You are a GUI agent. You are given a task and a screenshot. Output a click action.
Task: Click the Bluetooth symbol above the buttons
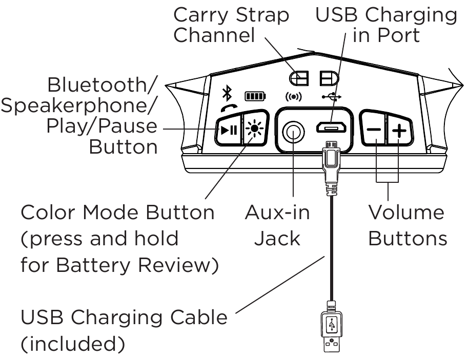coord(226,94)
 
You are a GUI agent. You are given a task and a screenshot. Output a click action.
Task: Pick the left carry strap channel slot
coord(299,78)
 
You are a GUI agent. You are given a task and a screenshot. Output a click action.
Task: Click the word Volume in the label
coord(406,213)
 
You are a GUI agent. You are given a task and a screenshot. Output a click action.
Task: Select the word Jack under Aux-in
coord(277,239)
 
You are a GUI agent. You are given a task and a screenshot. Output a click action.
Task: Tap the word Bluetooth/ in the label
coord(102,85)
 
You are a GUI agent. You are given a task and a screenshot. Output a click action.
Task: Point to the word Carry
coord(202,15)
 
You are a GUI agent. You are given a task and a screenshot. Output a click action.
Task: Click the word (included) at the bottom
coord(72,344)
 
